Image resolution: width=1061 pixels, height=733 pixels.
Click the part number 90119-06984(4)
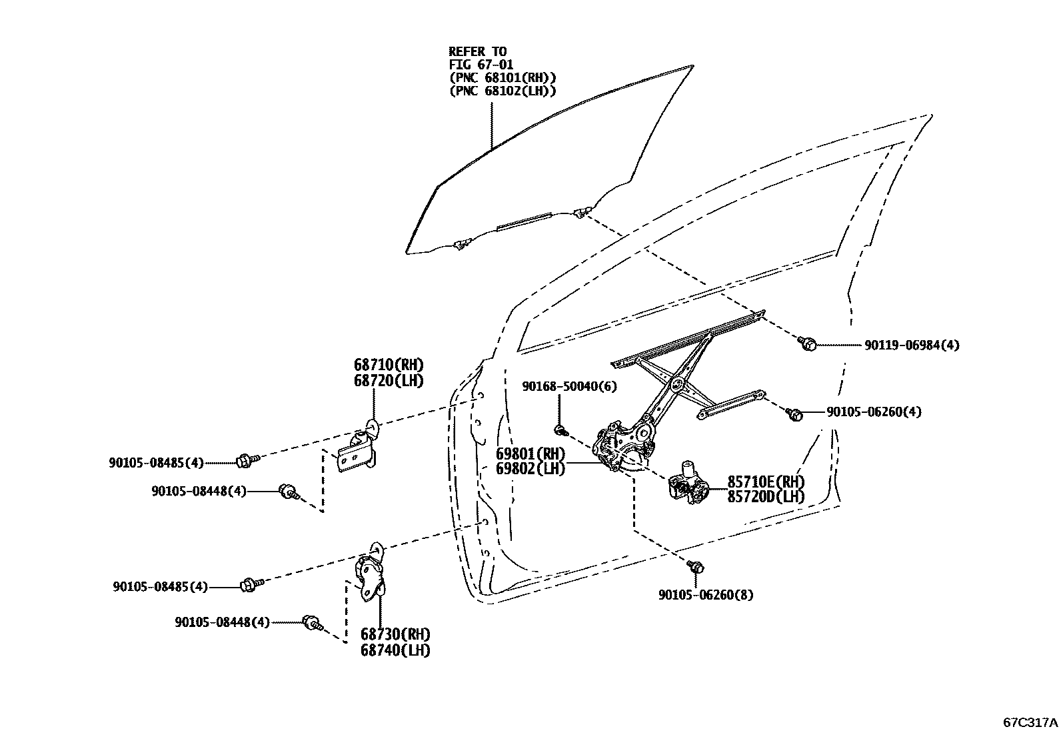pyautogui.click(x=912, y=345)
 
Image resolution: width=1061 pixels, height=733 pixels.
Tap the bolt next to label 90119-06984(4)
pyautogui.click(x=807, y=343)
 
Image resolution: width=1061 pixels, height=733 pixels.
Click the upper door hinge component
pyautogui.click(x=358, y=451)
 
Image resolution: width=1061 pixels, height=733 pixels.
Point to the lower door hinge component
pyautogui.click(x=371, y=574)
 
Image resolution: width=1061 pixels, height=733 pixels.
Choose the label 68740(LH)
pyautogui.click(x=395, y=650)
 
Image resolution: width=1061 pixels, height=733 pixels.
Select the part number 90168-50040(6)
pyautogui.click(x=569, y=386)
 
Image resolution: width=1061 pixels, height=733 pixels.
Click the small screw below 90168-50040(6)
pyautogui.click(x=561, y=427)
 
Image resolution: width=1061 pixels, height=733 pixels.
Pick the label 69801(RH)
pyautogui.click(x=530, y=454)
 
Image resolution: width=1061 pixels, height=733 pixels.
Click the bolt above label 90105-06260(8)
pyautogui.click(x=696, y=567)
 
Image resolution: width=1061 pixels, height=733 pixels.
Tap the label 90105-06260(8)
pyautogui.click(x=706, y=594)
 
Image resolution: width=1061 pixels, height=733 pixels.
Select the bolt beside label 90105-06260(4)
pyautogui.click(x=794, y=414)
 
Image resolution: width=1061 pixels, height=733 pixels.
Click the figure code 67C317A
pyautogui.click(x=1030, y=722)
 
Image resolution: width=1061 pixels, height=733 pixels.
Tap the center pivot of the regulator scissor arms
pyautogui.click(x=676, y=384)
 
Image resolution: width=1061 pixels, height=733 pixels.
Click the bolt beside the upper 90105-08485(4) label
pyautogui.click(x=245, y=460)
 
